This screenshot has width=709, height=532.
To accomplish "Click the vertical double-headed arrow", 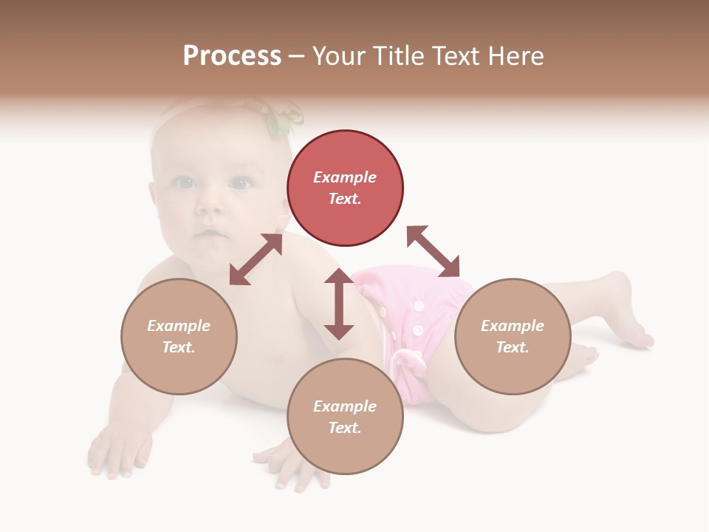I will click(339, 304).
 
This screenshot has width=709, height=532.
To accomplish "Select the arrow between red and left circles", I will click(256, 259).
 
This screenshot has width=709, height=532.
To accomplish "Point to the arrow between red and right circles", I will click(433, 251).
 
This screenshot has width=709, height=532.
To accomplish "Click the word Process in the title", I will click(232, 56).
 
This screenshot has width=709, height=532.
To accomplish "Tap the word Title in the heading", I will click(401, 56).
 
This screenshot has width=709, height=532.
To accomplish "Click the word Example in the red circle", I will click(345, 177).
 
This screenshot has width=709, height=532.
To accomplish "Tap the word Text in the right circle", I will click(513, 347).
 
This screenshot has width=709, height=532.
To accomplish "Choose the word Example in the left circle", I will click(179, 326).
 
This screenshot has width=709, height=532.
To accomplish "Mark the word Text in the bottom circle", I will click(345, 428).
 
